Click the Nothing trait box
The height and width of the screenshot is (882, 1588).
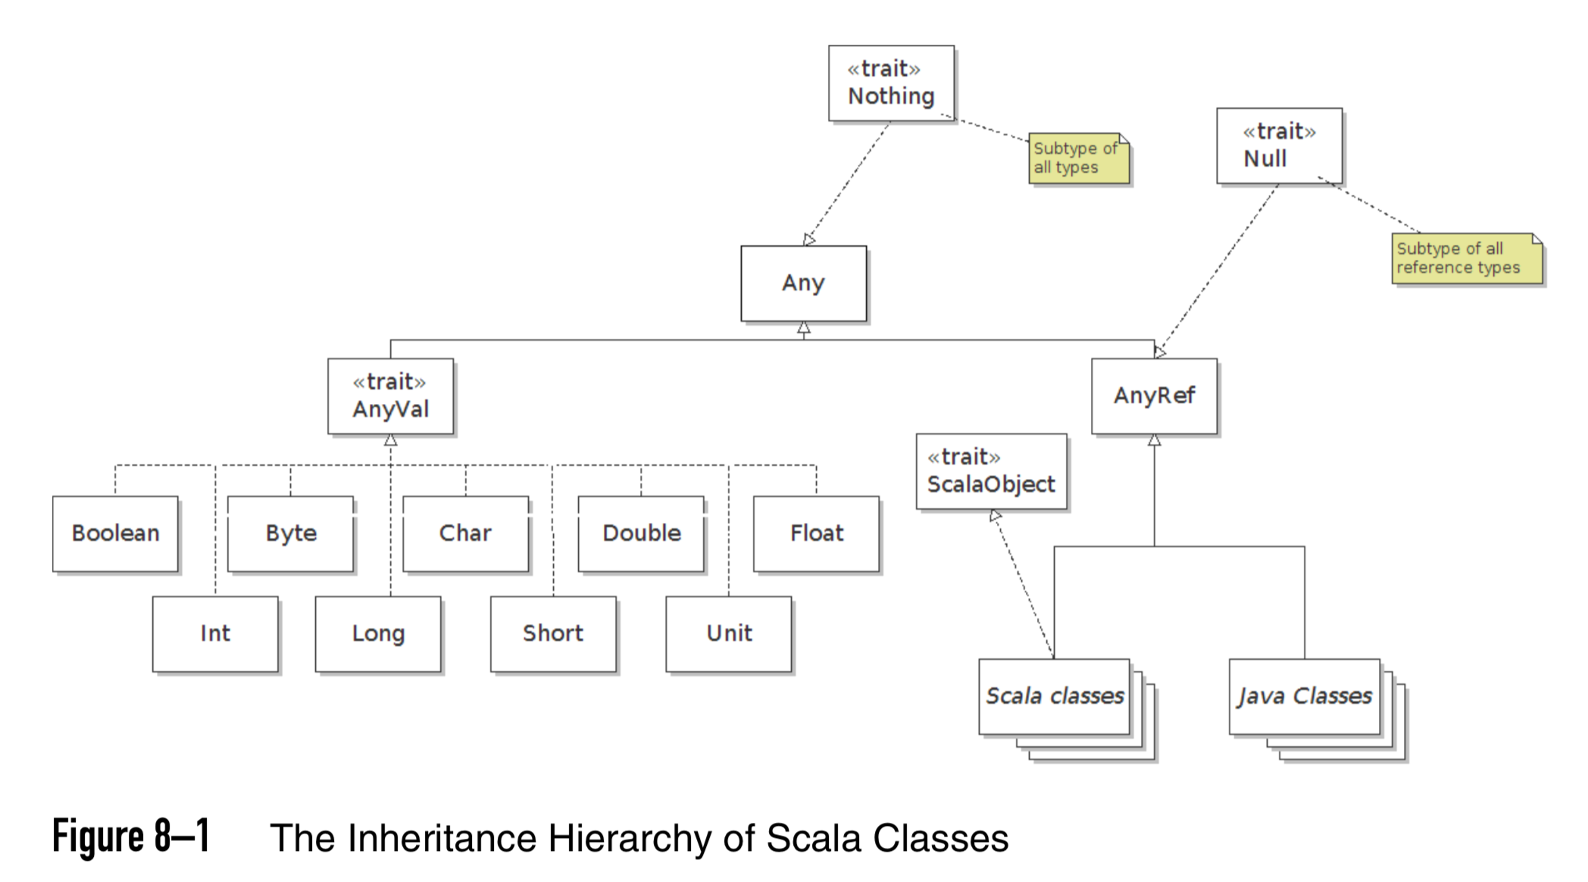(891, 83)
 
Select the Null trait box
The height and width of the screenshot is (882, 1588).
(1279, 145)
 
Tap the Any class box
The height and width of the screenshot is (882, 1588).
(803, 283)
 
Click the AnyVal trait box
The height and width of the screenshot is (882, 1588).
(390, 396)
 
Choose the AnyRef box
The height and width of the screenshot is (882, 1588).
(1154, 396)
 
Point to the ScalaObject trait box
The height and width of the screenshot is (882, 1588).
(991, 471)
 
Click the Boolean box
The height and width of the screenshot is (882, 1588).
(115, 533)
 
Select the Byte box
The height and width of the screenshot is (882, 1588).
(290, 533)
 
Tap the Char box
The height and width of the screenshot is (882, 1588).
(465, 533)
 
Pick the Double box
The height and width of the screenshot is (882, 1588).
(641, 533)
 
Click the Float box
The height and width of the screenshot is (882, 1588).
(816, 533)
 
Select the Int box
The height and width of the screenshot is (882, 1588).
(215, 633)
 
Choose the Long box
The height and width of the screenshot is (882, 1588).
(378, 633)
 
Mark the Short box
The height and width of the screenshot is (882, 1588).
(553, 633)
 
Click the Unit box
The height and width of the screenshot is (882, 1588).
(729, 633)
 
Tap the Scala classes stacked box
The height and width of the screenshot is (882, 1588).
(1054, 696)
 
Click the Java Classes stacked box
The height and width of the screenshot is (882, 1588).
(1305, 696)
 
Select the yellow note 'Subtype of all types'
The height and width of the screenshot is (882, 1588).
(1077, 158)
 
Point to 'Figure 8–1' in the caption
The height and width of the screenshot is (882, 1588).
(130, 837)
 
